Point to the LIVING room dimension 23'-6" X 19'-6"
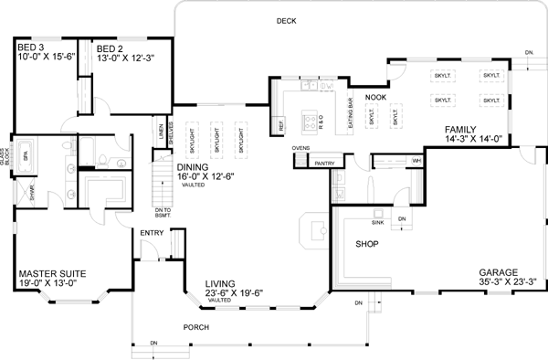tap(234, 292)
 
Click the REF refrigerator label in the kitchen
tap(278, 122)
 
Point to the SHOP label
tap(367, 244)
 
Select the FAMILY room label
tap(462, 129)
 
